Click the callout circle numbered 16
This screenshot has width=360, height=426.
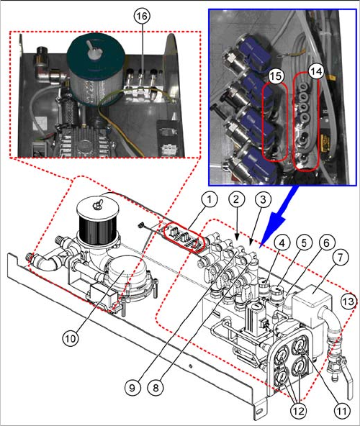(142, 16)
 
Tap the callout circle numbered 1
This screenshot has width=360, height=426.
(209, 199)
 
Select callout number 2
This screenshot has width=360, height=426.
(236, 199)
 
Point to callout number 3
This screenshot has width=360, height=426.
(263, 199)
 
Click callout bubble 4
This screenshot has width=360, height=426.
(282, 243)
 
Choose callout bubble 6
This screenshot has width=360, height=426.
(326, 243)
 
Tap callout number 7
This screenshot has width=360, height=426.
(340, 258)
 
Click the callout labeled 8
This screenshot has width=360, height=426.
(156, 387)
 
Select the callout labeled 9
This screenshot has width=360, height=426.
(132, 387)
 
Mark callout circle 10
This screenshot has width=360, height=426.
(71, 338)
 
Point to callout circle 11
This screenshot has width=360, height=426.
(341, 411)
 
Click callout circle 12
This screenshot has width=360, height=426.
(299, 411)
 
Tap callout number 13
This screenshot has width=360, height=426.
(348, 301)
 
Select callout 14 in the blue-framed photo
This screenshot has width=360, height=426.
(316, 71)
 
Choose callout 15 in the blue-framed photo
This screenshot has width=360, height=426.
(276, 76)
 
